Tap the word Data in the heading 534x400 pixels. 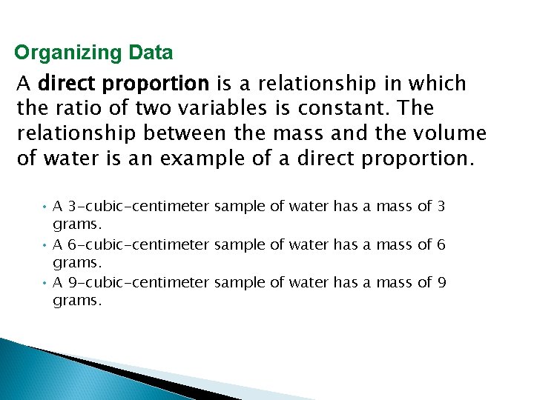pyautogui.click(x=150, y=53)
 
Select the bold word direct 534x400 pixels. pyautogui.click(x=65, y=84)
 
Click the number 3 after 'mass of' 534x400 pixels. pyautogui.click(x=441, y=207)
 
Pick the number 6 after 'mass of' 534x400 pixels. pyautogui.click(x=441, y=244)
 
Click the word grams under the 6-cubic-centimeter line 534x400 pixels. pyautogui.click(x=76, y=262)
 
